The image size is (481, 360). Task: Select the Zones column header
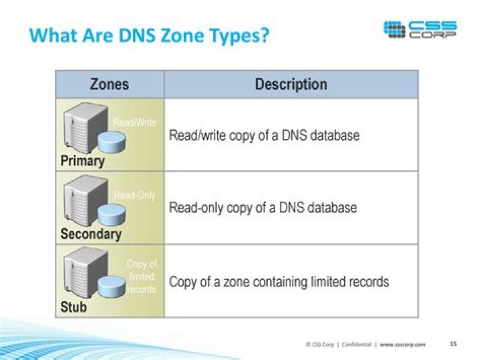[110, 85]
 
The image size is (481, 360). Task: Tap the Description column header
[291, 85]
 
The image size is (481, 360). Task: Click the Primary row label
[82, 161]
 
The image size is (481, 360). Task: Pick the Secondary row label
[91, 234]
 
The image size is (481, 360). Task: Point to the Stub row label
[73, 308]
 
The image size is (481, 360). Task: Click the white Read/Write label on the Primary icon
[134, 123]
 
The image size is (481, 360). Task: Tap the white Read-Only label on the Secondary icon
[134, 196]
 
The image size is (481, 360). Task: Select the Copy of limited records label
[142, 277]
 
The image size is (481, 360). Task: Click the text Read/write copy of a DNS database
[264, 136]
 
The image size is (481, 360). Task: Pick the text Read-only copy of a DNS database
[263, 208]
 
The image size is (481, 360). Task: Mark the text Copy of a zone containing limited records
[279, 281]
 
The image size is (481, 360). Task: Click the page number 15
[453, 344]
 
